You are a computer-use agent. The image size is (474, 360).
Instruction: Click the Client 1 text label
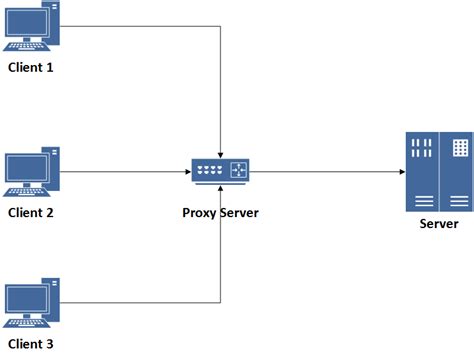coord(30,67)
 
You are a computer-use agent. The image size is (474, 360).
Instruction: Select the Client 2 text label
coord(30,212)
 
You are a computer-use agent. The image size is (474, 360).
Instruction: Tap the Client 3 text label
coord(30,345)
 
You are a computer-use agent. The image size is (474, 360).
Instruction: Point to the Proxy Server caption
coord(220,212)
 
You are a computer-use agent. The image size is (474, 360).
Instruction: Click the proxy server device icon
coord(220,171)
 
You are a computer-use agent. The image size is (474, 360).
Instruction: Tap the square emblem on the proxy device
coord(239,169)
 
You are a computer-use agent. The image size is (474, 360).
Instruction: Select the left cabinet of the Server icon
coord(421,170)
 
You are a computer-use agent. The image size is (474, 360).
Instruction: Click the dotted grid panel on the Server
coord(459,148)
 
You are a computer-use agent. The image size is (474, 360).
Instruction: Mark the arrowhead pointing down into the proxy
coord(220,151)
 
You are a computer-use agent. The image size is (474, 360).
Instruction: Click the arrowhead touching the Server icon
coord(397,171)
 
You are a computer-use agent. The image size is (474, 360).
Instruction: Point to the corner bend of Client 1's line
coord(220,25)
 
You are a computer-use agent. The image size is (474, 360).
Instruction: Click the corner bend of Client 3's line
coord(220,302)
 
